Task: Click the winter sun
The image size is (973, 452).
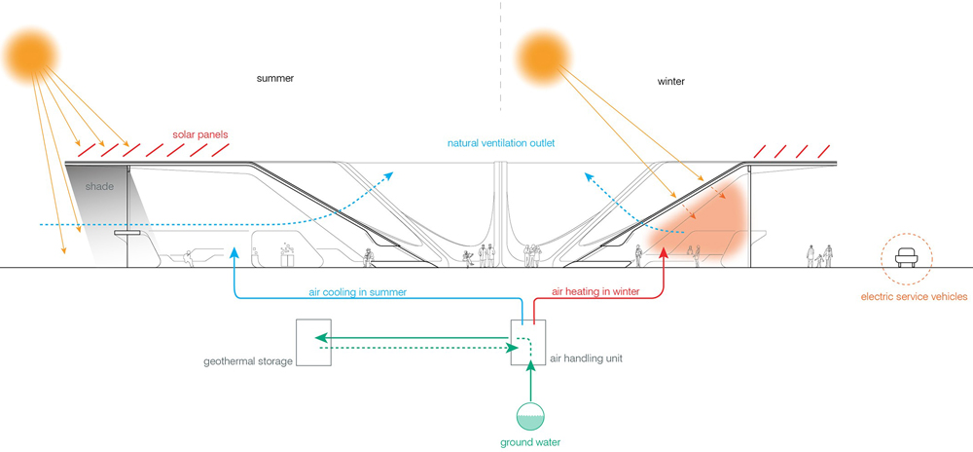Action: (x=549, y=57)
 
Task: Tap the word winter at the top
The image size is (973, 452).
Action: (x=671, y=82)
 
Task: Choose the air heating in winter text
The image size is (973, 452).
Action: (x=595, y=291)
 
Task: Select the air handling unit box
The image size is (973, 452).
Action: (x=529, y=342)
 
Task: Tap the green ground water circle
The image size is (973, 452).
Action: (x=529, y=417)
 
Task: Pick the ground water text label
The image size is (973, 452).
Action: (x=530, y=443)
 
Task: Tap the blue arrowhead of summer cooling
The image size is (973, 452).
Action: (x=234, y=255)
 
